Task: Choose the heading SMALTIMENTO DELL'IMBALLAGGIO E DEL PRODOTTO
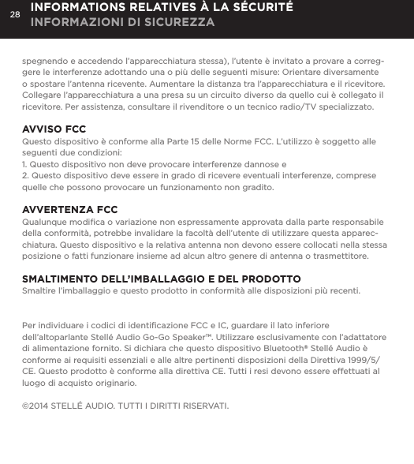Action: click(x=161, y=279)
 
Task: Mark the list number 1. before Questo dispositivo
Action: click(x=27, y=166)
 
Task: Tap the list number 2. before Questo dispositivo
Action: click(x=27, y=178)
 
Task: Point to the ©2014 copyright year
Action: click(x=35, y=406)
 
